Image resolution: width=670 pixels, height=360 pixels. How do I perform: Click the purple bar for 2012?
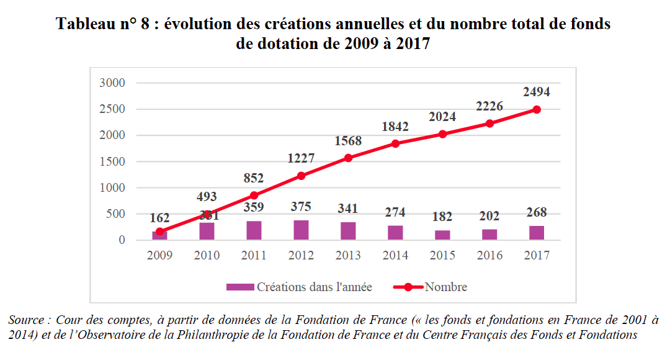(301, 230)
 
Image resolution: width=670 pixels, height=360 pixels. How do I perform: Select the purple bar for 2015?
(442, 235)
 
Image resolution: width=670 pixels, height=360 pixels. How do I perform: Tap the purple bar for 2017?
(537, 233)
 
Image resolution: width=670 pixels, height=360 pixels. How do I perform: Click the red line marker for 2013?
(348, 158)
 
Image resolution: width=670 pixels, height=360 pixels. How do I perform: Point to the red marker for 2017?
(537, 109)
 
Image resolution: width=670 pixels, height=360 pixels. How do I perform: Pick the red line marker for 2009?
(159, 232)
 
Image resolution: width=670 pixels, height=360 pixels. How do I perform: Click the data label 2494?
(536, 92)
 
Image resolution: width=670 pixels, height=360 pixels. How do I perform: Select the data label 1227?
(301, 158)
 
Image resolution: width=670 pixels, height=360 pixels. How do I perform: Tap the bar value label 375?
(301, 207)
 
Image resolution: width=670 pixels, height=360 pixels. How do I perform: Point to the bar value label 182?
(442, 217)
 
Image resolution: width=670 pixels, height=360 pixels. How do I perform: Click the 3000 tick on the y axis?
(113, 83)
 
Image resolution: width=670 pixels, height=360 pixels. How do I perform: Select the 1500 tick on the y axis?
(113, 161)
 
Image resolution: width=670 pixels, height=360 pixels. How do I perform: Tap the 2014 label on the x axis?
(395, 255)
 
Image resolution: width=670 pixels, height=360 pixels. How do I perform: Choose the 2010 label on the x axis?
(207, 255)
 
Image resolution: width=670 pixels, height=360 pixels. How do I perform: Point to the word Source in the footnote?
(24, 320)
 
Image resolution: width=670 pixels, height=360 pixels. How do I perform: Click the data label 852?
(254, 178)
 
